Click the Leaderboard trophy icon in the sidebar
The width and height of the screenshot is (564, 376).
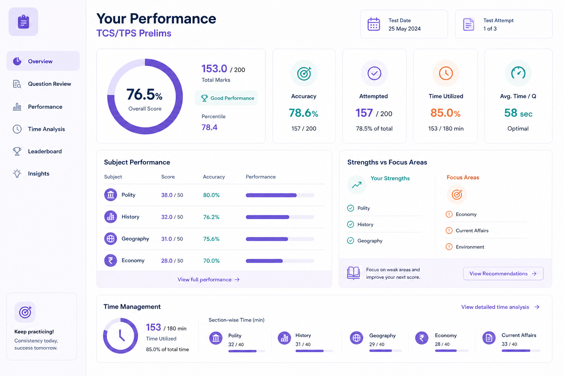point(17,151)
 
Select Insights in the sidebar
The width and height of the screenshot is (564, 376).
point(39,174)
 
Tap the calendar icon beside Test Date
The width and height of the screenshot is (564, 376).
point(374,24)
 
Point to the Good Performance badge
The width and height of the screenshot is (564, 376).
point(226,98)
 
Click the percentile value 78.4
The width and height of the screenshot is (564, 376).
point(209,127)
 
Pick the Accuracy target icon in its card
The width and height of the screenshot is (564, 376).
point(304,73)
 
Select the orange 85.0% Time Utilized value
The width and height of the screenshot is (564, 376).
point(445,113)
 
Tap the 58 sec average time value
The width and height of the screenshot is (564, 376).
point(518,113)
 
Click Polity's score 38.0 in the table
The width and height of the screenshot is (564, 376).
point(167,195)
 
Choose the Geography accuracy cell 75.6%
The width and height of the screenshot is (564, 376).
point(211,239)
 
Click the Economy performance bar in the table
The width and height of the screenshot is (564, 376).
point(280,261)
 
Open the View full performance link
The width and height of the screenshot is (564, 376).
point(209,279)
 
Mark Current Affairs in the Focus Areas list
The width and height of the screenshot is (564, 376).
point(472,231)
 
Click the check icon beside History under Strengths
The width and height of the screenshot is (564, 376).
point(351,224)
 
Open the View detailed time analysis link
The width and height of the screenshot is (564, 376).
point(500,307)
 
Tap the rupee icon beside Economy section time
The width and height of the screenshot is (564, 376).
point(422,338)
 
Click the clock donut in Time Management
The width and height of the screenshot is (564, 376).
point(120,336)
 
